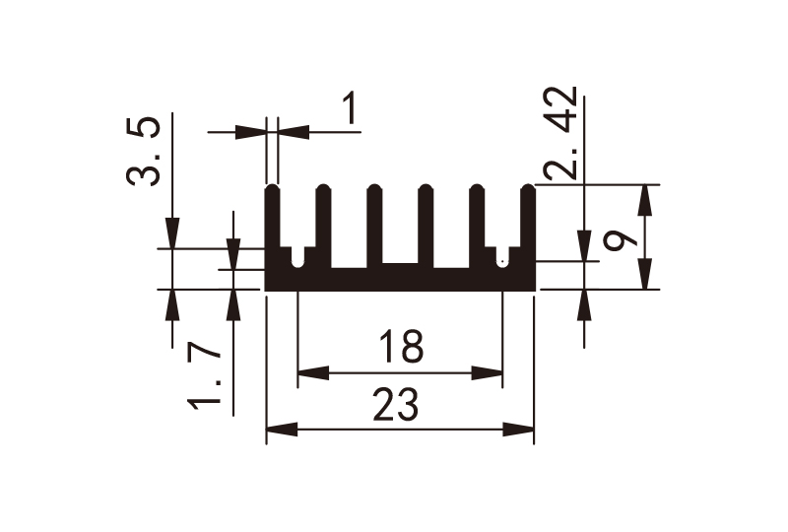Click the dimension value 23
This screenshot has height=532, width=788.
(398, 405)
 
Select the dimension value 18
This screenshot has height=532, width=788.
(400, 348)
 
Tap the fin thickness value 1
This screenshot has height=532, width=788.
(350, 109)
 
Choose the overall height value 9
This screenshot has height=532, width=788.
(617, 239)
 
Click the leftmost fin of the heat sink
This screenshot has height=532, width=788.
(273, 227)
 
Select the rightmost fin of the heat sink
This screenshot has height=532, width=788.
(527, 227)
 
